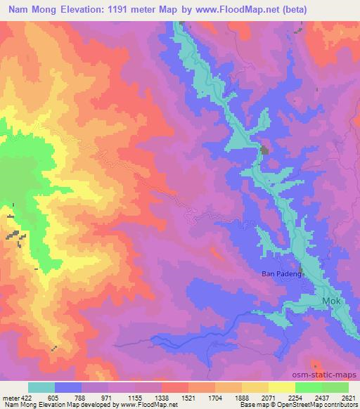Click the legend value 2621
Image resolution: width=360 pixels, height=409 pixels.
point(347,397)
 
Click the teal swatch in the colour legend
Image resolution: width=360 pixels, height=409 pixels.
point(41,387)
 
